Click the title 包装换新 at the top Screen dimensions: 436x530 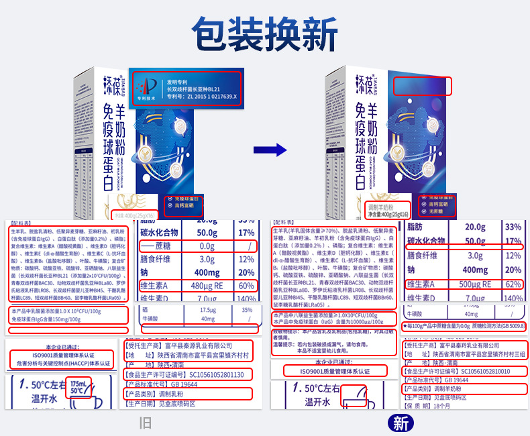point(264,31)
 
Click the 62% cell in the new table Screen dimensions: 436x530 point(513,284)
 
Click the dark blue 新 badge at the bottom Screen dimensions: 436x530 point(401,423)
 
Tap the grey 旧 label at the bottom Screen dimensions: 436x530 point(145,423)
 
